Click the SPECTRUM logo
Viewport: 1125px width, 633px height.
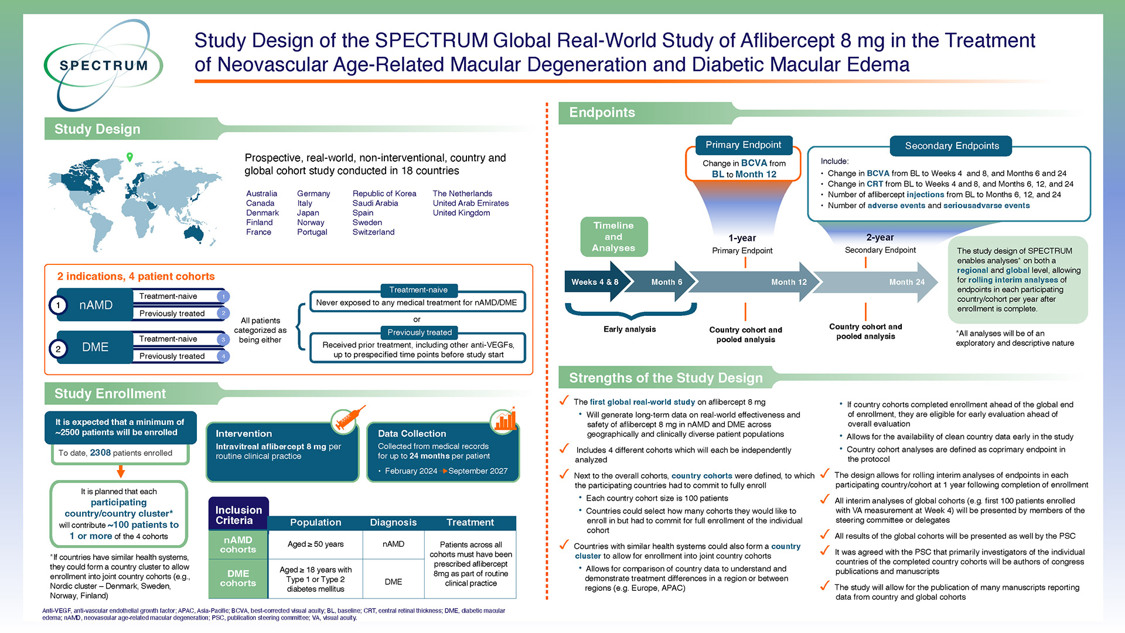(x=103, y=65)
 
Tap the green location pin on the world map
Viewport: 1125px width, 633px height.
(x=129, y=156)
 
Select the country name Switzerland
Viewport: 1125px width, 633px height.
(x=373, y=232)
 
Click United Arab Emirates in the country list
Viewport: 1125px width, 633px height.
(x=471, y=203)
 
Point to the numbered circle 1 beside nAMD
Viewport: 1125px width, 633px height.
(x=58, y=305)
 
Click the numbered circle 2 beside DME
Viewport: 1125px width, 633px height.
(x=58, y=348)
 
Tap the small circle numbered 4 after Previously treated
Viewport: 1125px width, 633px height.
(x=223, y=356)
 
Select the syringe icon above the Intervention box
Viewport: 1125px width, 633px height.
(x=346, y=419)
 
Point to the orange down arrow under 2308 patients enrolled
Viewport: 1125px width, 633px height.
(x=121, y=472)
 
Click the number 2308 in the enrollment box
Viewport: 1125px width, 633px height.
(x=100, y=453)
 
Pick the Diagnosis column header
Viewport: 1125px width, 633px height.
(x=393, y=522)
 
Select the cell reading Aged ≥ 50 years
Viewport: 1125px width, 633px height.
(x=315, y=544)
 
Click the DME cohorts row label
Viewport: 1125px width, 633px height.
(x=238, y=578)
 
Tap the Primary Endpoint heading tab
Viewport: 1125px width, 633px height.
(x=743, y=145)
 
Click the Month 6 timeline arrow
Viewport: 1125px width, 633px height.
(x=662, y=282)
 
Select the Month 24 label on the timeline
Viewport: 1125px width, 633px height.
(x=906, y=282)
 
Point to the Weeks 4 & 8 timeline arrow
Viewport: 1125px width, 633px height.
(x=595, y=282)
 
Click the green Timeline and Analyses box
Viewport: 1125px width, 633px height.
(x=613, y=237)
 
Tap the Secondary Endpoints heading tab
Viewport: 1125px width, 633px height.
(x=952, y=146)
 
